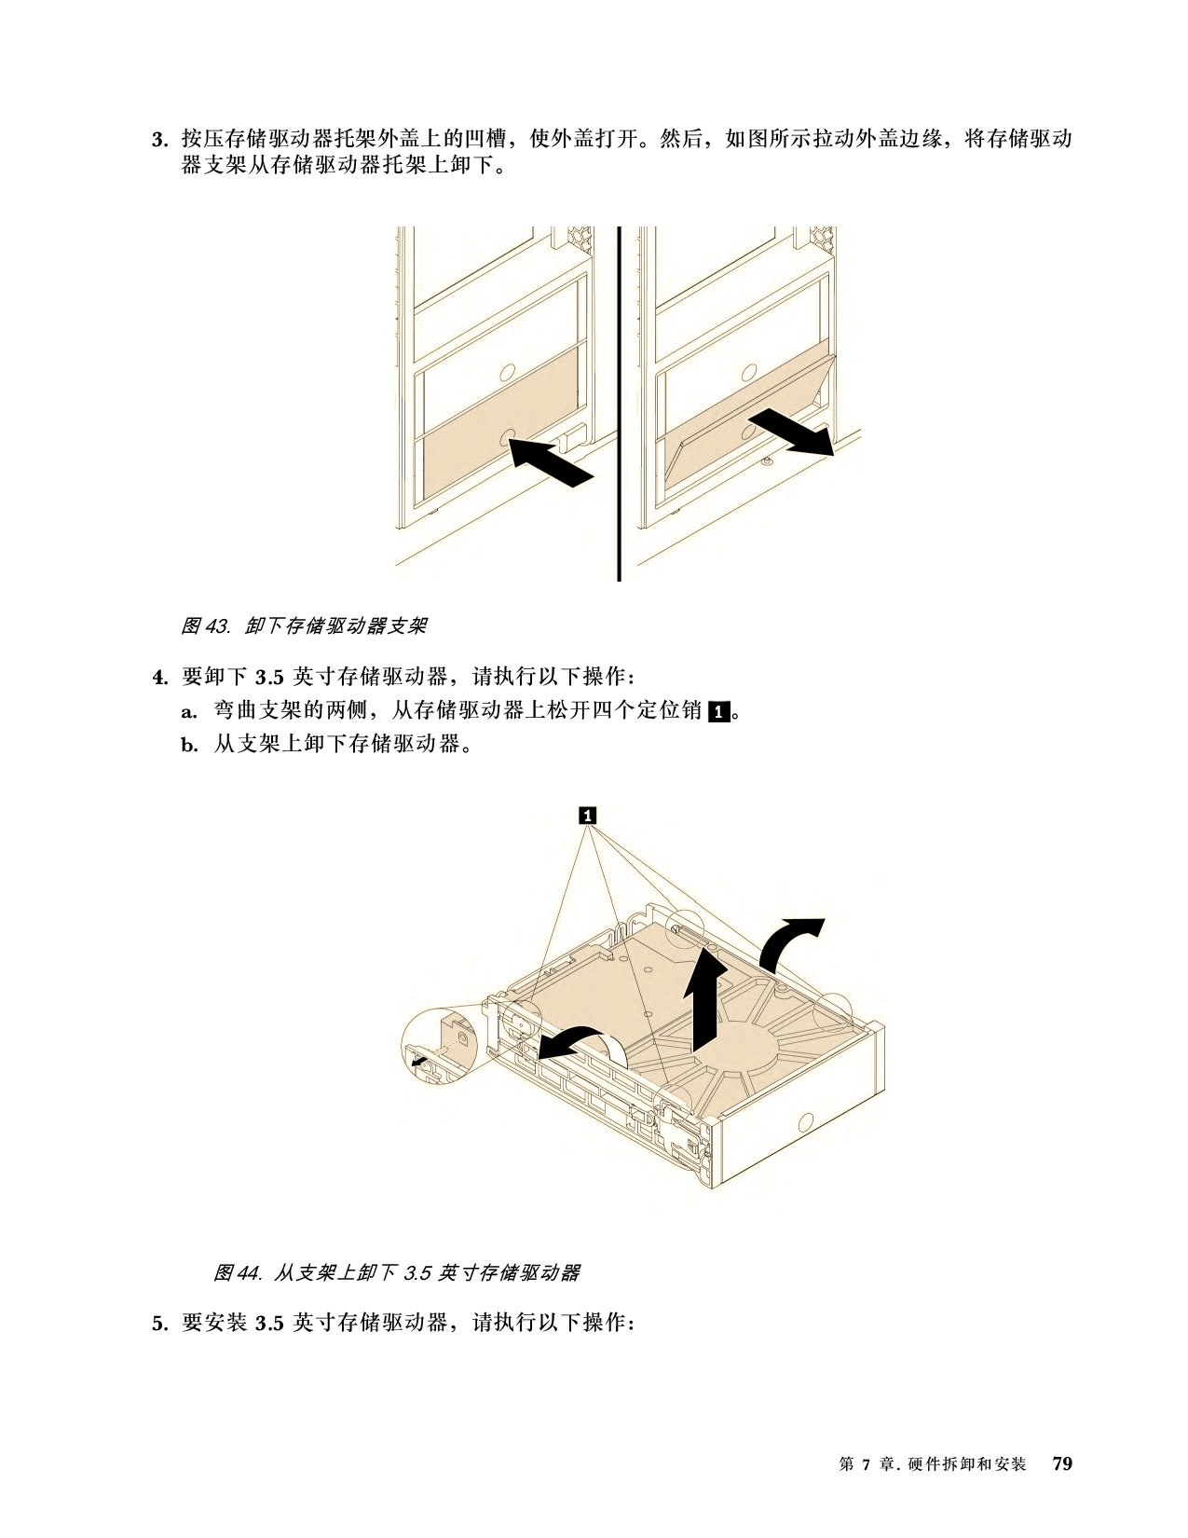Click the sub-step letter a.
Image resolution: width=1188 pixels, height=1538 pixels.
[189, 712]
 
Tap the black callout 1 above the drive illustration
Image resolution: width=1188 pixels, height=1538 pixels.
[587, 816]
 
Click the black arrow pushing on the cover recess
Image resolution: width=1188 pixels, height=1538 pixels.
[550, 461]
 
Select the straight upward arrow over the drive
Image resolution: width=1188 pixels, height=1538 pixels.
[704, 1001]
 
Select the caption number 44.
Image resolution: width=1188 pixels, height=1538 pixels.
[250, 1273]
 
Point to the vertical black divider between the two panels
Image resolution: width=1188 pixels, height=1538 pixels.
[619, 404]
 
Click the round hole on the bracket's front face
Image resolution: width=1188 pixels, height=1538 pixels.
[806, 1123]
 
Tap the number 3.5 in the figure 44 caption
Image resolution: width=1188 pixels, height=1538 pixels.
[416, 1273]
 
